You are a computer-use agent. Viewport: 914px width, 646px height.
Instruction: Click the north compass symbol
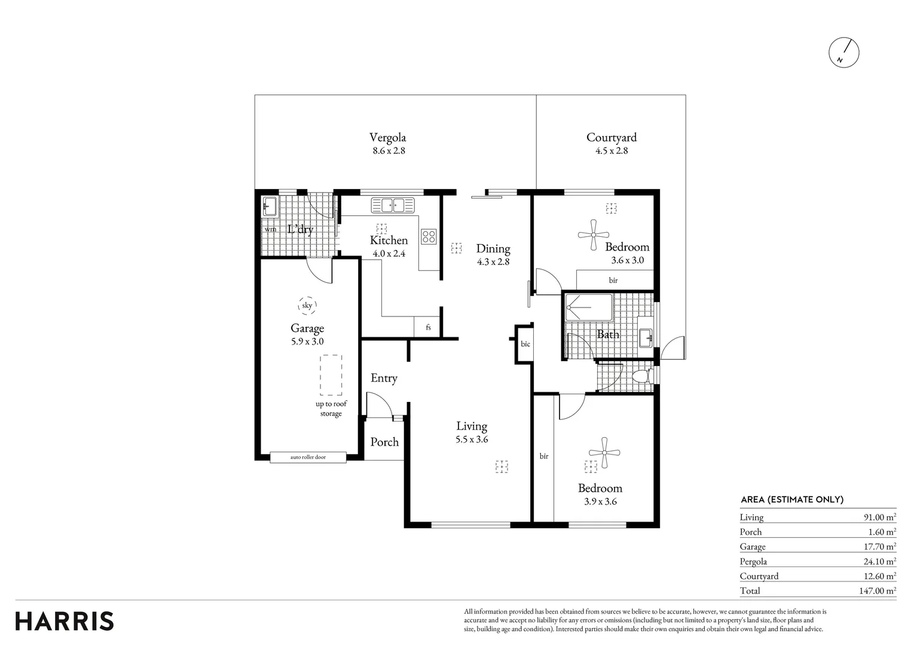point(844,53)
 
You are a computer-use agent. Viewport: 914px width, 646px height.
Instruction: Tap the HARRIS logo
point(65,621)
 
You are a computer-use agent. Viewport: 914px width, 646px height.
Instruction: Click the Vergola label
point(387,137)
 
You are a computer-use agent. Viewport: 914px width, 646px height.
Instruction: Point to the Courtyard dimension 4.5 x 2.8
point(612,151)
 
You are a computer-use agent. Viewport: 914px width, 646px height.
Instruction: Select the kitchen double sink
point(393,205)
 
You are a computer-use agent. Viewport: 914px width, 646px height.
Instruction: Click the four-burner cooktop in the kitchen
point(429,236)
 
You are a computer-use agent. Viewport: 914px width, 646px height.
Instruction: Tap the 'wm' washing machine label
point(270,229)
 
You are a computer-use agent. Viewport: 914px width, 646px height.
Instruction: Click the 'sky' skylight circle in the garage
point(307,306)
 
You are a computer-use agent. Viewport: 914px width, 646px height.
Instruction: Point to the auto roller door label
point(308,457)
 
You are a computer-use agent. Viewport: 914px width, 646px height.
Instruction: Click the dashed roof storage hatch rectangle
point(331,375)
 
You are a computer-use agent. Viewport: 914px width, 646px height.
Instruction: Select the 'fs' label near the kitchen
point(428,327)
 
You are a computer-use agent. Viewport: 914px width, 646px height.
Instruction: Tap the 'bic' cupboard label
point(525,344)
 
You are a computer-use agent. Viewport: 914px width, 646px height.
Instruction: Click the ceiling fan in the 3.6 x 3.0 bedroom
point(594,235)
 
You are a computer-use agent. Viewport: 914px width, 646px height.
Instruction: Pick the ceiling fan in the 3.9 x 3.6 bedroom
point(604,452)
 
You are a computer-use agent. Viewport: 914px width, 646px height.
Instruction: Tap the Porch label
point(384,442)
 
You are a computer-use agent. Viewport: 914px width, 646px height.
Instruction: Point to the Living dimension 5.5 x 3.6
point(472,440)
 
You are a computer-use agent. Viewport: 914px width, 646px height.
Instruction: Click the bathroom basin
point(646,338)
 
